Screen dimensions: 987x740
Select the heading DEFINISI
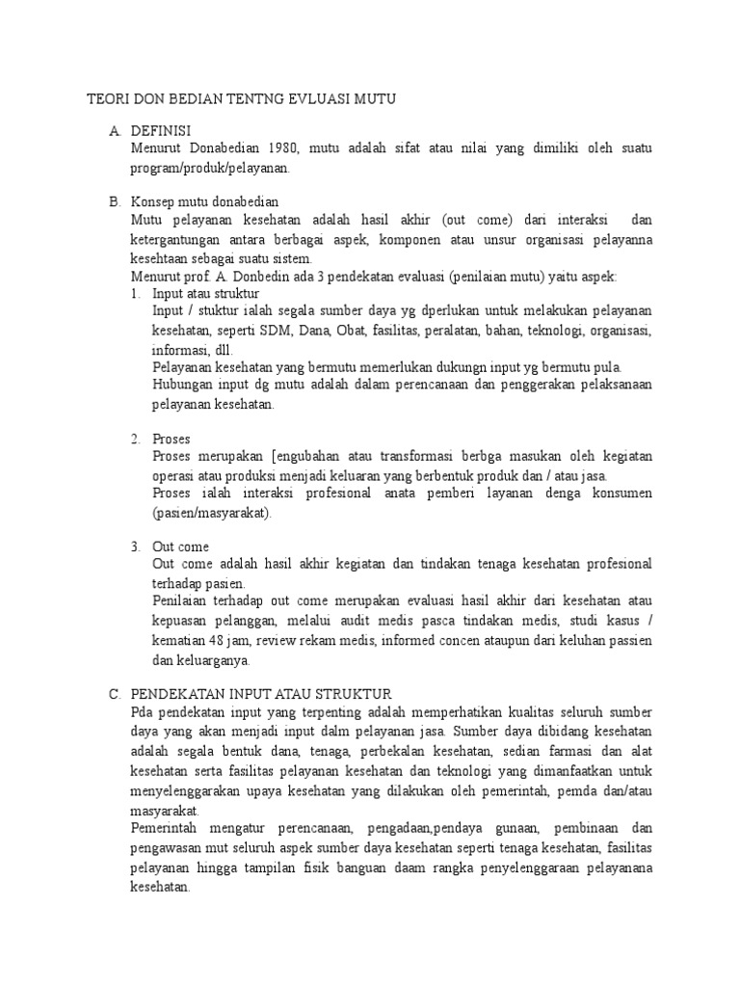[161, 130]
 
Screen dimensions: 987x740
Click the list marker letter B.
[114, 202]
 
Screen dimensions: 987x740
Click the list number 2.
[136, 439]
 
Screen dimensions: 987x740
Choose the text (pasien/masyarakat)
[212, 512]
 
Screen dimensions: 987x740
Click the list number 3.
[136, 547]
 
